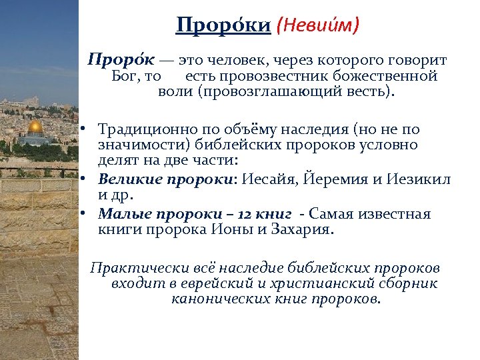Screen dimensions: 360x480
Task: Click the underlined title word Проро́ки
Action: click(223, 26)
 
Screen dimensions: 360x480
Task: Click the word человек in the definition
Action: click(231, 61)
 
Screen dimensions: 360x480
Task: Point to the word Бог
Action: click(125, 76)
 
